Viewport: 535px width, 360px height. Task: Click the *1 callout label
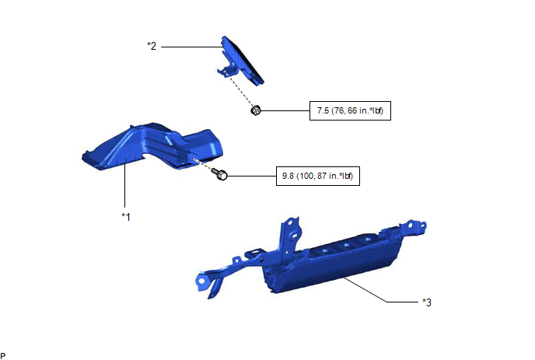click(126, 217)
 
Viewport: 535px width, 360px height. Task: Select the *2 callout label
click(152, 46)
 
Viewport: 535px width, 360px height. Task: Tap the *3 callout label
click(427, 302)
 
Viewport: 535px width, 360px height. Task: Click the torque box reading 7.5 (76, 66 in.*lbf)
click(350, 110)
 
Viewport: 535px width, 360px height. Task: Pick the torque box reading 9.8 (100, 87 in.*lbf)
click(317, 176)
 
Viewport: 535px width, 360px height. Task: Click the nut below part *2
click(256, 110)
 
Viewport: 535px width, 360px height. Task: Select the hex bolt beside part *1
click(220, 174)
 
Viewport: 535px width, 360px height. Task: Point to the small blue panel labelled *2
click(240, 61)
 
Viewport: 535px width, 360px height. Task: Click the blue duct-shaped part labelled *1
click(152, 146)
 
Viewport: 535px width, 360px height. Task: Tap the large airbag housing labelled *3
click(310, 260)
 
